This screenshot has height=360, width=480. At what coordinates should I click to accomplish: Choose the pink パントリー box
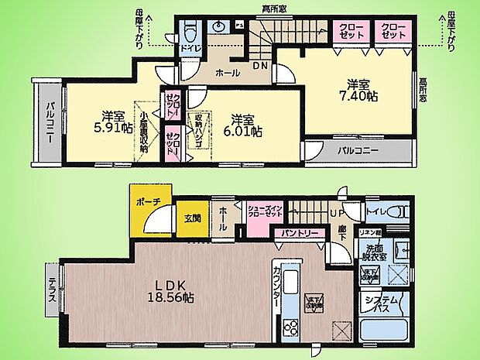coord(296,231)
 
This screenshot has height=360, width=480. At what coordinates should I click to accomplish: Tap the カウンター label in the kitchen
coord(277,288)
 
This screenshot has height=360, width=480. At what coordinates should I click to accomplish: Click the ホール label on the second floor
coord(227,74)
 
